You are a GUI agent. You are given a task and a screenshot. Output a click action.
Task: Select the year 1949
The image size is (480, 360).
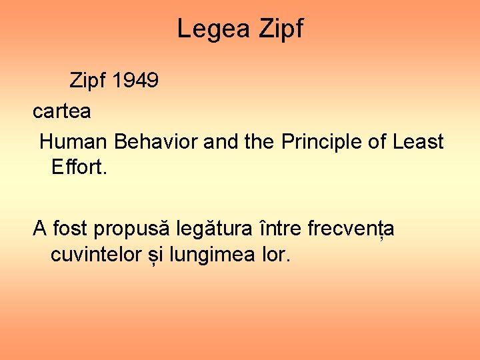[135, 81]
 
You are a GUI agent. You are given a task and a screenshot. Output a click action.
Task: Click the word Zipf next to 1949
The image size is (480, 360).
[88, 81]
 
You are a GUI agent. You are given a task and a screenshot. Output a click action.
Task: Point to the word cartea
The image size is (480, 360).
[62, 111]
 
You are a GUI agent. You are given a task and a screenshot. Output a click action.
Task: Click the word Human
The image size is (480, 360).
[74, 141]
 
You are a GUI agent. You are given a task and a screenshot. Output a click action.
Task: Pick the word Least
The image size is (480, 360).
[418, 141]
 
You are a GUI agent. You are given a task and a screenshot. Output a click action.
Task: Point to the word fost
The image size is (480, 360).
[70, 229]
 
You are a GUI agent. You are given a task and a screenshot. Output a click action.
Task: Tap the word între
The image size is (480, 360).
[281, 229]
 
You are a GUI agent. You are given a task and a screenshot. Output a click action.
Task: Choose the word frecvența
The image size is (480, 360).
[351, 229]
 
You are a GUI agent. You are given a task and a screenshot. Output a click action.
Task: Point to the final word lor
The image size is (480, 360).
[277, 254]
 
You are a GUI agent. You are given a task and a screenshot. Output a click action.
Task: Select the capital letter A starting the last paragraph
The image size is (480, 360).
[39, 229]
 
